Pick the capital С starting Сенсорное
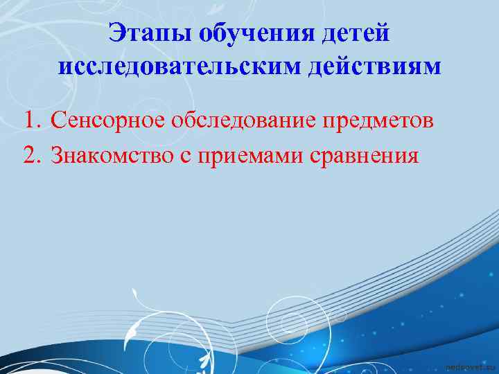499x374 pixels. [58, 121]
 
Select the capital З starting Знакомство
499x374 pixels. [58, 154]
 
